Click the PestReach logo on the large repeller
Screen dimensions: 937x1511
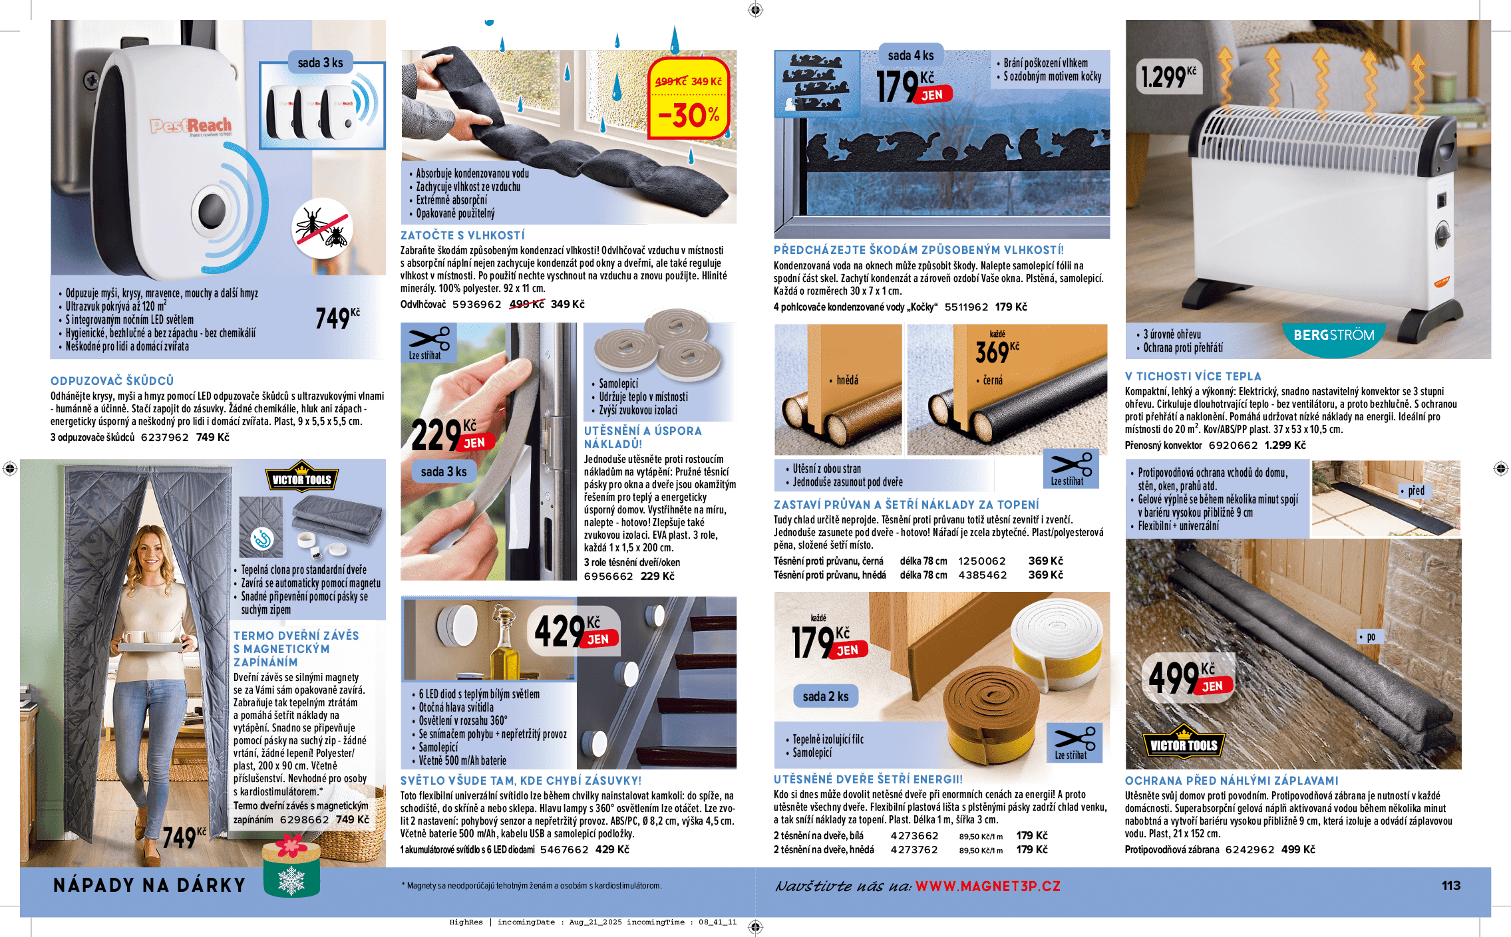click(x=191, y=125)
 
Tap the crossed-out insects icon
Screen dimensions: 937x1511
click(x=323, y=228)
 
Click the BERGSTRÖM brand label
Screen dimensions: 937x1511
click(x=1333, y=335)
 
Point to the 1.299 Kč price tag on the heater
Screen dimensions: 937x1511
click(x=1168, y=77)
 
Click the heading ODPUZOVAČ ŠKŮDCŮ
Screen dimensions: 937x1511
click(x=112, y=380)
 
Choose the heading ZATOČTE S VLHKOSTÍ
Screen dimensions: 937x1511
click(x=462, y=235)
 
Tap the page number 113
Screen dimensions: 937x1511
click(x=1450, y=886)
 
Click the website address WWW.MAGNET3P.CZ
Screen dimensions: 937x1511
click(x=987, y=886)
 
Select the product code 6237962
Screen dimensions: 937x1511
click(x=164, y=438)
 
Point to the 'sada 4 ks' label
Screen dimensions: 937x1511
click(x=910, y=55)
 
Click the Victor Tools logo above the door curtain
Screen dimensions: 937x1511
click(x=301, y=479)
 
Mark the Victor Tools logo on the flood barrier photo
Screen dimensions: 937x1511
click(x=1184, y=744)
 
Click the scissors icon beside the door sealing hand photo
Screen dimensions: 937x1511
click(x=428, y=342)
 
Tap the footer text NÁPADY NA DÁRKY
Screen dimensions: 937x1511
click(x=149, y=885)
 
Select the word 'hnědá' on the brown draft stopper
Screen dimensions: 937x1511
click(x=847, y=380)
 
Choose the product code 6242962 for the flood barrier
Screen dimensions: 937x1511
click(x=1250, y=850)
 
